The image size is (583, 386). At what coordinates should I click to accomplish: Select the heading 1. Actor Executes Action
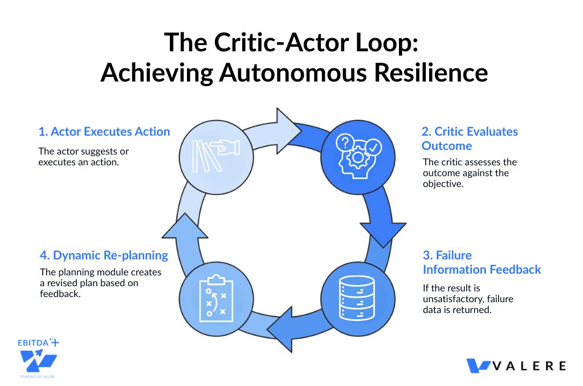click(x=104, y=132)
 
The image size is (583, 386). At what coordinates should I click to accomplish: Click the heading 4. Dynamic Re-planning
click(x=103, y=255)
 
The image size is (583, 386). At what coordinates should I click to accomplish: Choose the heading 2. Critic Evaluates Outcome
click(x=470, y=139)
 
